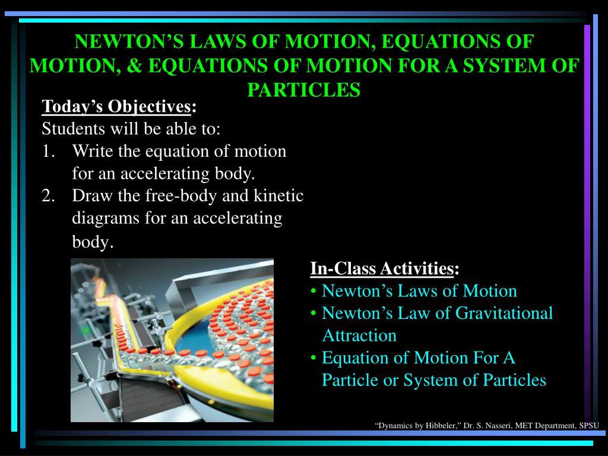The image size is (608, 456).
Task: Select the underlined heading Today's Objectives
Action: tap(116, 106)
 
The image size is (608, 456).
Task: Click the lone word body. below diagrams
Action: tap(93, 242)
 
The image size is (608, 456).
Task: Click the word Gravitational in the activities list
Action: tap(504, 313)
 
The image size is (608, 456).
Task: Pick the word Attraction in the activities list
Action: tap(359, 335)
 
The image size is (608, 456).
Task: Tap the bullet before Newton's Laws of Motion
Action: tap(313, 292)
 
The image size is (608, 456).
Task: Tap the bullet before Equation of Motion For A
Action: tap(313, 358)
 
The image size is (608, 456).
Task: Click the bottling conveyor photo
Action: tap(172, 340)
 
